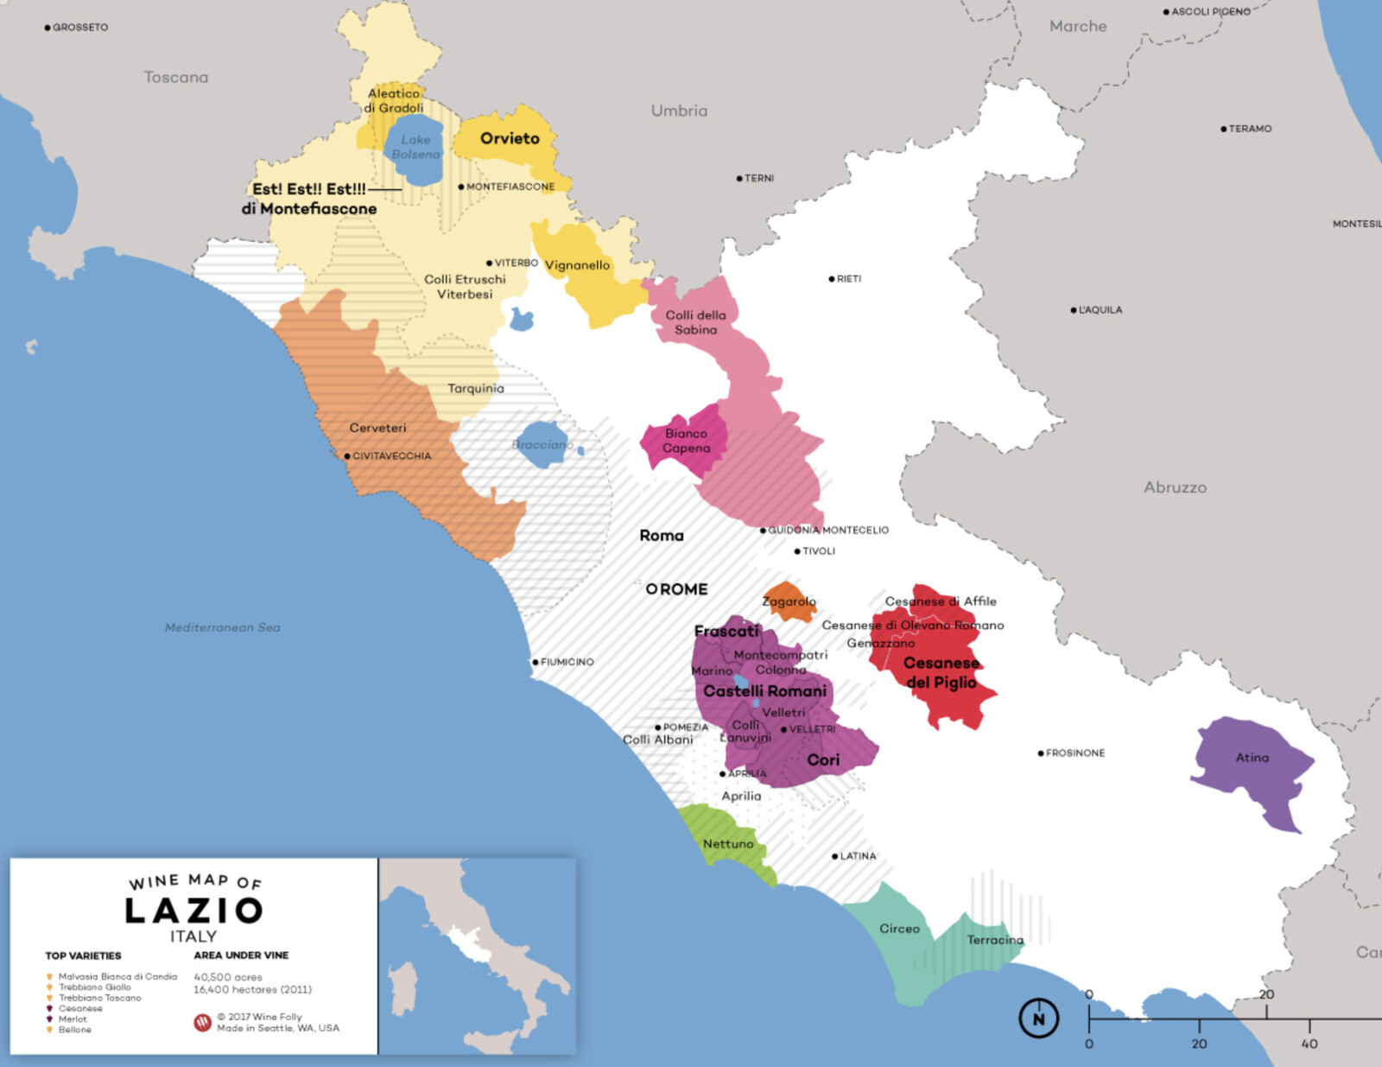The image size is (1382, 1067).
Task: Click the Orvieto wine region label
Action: tap(510, 138)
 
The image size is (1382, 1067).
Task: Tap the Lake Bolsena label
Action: tap(415, 147)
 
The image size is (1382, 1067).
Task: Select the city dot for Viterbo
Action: tap(489, 263)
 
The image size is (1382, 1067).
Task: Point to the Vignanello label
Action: tap(577, 265)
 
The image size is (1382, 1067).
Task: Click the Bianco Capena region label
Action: tap(687, 441)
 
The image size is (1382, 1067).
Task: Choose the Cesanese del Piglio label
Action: tap(941, 672)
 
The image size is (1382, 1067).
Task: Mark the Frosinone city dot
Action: tap(1041, 753)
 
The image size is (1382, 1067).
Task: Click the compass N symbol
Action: tap(1038, 1019)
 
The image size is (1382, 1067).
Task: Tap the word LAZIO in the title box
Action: tap(193, 910)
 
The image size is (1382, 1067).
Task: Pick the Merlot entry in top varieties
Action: tap(73, 1019)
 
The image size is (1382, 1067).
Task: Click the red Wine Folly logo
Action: tap(202, 1023)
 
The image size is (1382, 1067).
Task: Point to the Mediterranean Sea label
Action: tap(222, 627)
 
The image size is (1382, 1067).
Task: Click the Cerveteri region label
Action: tap(377, 428)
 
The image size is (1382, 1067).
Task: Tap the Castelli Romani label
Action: tap(764, 691)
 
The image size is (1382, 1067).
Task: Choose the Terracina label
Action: tap(995, 940)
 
